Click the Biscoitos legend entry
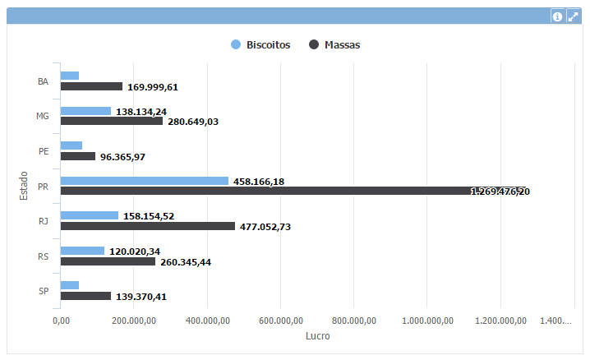261,45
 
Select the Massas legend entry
334,45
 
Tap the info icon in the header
557,16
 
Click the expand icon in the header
574,16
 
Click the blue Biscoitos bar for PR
145,181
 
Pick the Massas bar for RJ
148,226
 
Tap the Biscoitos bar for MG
85,111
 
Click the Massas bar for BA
91,86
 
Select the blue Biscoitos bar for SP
70,285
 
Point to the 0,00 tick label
61,321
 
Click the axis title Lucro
317,336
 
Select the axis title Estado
24,185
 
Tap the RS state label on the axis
44,256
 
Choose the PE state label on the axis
44,151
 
